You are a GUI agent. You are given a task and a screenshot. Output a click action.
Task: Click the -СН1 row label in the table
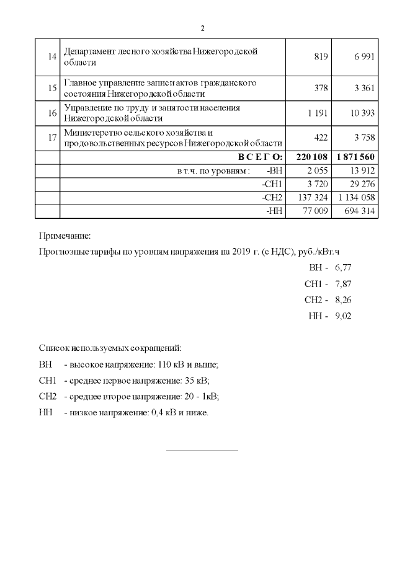(272, 184)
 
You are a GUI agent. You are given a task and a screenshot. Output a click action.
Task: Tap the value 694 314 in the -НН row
(359, 211)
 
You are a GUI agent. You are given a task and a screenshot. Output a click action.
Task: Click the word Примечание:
(65, 236)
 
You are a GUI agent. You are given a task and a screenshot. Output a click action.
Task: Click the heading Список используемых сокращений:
(110, 348)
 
